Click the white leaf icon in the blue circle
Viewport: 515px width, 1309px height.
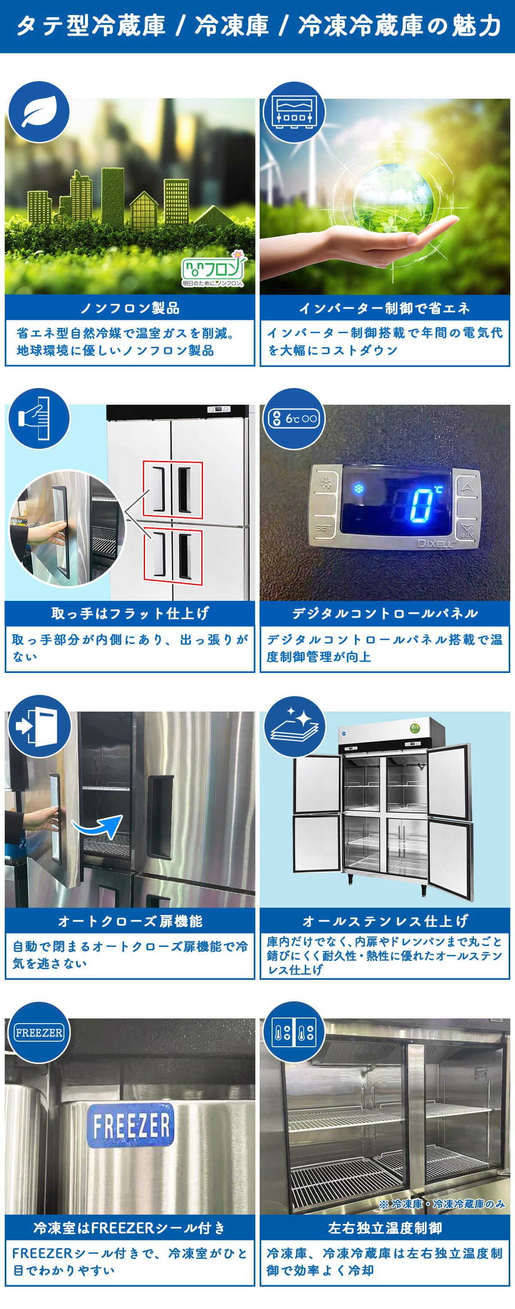(x=38, y=111)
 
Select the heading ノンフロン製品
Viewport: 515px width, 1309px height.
(x=130, y=308)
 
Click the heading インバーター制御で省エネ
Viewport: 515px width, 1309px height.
(x=385, y=308)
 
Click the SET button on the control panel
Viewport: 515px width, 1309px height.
(x=324, y=527)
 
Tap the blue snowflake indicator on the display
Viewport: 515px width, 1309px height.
(x=359, y=489)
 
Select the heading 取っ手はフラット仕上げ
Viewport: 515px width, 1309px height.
(x=130, y=613)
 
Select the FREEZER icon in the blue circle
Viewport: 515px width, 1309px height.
(x=39, y=1033)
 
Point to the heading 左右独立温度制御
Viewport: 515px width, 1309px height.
(x=385, y=1228)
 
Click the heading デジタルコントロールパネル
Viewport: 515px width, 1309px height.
(x=385, y=613)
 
